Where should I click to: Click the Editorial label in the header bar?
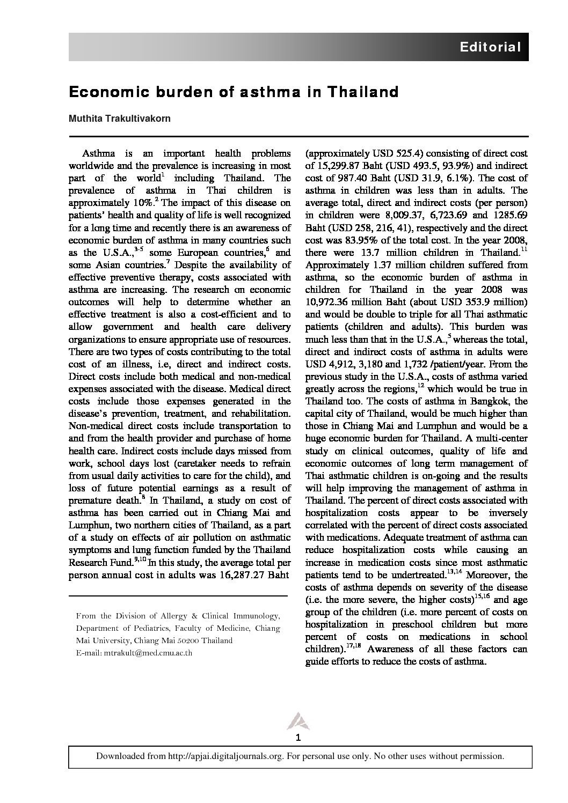coord(490,47)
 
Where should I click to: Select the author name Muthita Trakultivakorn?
coord(120,119)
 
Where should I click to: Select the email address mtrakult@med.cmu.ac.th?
coord(148,653)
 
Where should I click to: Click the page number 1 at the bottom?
coord(298,738)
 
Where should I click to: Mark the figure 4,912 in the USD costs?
coord(342,364)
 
